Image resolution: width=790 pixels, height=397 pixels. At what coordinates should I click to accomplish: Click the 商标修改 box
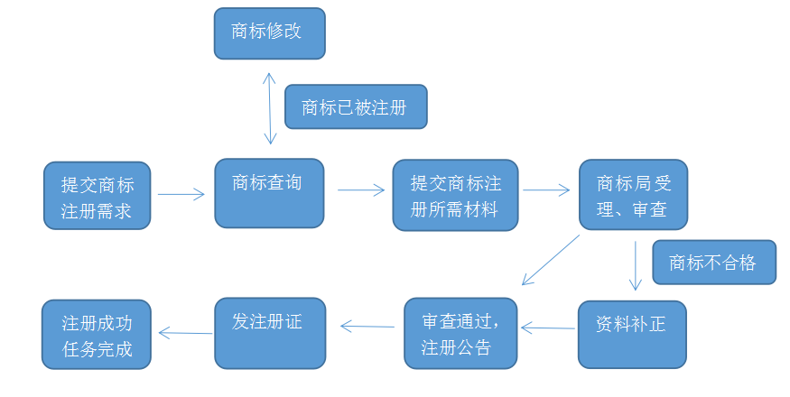pyautogui.click(x=269, y=33)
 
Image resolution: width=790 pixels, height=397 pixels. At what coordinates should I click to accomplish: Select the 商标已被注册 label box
pyautogui.click(x=355, y=107)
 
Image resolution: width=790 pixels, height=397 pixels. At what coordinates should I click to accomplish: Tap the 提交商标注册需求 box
pyautogui.click(x=97, y=196)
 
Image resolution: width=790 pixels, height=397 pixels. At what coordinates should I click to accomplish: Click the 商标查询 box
pyautogui.click(x=268, y=193)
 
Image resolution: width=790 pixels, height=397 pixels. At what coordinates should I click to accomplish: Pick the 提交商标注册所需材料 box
pyautogui.click(x=456, y=196)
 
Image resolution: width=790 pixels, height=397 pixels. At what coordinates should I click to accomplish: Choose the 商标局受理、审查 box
pyautogui.click(x=633, y=196)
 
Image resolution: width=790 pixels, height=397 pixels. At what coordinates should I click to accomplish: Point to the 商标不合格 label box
pyautogui.click(x=713, y=263)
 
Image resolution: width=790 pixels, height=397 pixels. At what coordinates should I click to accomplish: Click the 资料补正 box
pyautogui.click(x=632, y=334)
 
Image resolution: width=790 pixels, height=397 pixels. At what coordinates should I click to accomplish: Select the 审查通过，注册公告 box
pyautogui.click(x=460, y=333)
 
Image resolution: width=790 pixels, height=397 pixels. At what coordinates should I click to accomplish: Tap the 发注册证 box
pyautogui.click(x=267, y=333)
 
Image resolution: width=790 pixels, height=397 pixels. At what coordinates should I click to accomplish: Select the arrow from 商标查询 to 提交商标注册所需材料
pyautogui.click(x=361, y=190)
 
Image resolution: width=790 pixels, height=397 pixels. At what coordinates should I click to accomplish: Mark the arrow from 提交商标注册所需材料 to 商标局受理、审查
pyautogui.click(x=546, y=190)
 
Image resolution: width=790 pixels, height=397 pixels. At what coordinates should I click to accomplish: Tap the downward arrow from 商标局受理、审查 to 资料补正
pyautogui.click(x=636, y=264)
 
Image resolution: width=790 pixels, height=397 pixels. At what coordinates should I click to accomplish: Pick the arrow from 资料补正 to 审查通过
pyautogui.click(x=549, y=328)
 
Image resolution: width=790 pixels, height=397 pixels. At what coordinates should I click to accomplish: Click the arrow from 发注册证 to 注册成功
pyautogui.click(x=185, y=333)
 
